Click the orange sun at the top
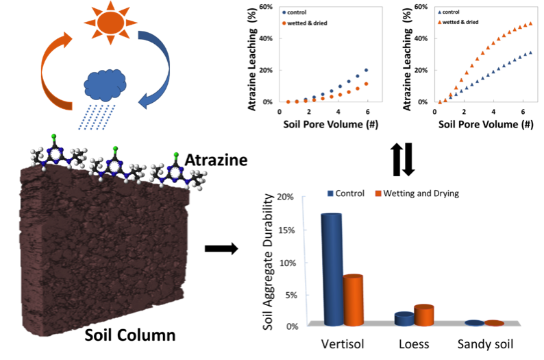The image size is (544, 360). click(110, 22)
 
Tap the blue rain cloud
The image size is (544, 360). click(104, 85)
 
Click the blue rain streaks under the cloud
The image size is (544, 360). click(97, 117)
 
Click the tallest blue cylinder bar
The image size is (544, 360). click(332, 267)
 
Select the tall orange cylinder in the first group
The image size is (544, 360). click(354, 299)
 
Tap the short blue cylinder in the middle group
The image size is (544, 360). click(404, 318)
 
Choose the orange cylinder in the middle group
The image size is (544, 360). click(424, 315)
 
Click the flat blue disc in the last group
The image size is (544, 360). click(474, 322)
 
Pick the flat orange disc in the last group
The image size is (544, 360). click(494, 323)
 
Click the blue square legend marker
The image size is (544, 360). click(330, 193)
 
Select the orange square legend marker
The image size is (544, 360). click(378, 193)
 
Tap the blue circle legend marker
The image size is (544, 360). click(284, 12)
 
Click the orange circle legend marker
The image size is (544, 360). click(284, 23)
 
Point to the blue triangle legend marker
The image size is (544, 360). click(440, 12)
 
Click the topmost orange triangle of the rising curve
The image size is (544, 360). click(530, 23)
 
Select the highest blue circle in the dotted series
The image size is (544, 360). click(367, 70)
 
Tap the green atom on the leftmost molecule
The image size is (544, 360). click(53, 137)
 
